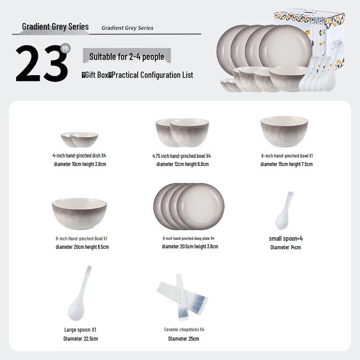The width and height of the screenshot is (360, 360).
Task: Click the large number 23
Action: tap(41, 64)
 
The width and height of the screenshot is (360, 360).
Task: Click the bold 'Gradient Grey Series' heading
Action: tap(55, 27)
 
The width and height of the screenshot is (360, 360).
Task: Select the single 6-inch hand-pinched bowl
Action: tap(284, 130)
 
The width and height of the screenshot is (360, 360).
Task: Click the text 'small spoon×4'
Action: tap(286, 238)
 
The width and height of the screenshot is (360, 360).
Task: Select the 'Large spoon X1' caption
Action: tap(80, 329)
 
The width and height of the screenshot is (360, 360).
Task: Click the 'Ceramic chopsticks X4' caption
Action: tap(184, 329)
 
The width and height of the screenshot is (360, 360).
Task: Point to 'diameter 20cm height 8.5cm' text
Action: tap(82, 247)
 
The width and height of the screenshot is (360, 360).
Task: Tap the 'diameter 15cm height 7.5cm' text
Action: tap(286, 164)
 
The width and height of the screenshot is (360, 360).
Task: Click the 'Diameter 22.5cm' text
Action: tap(80, 338)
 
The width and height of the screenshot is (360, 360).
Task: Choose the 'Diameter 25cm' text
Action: tap(184, 338)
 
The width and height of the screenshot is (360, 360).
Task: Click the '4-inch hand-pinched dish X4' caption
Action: tap(79, 155)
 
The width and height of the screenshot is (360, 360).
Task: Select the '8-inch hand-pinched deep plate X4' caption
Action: tap(189, 238)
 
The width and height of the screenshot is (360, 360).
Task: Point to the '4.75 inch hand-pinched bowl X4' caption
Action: tap(181, 156)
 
